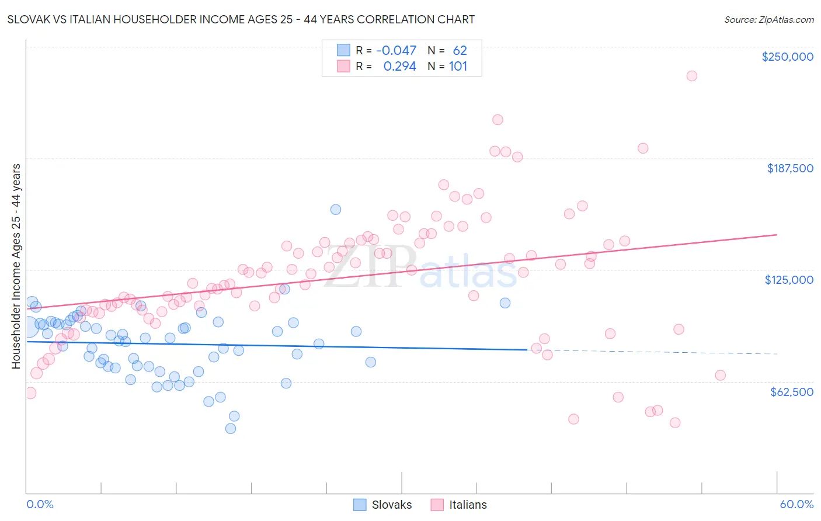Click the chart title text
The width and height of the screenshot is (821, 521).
point(241,19)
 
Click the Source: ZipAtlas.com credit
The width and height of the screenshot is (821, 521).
point(768,19)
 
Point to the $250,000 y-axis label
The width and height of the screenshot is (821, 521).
point(787,57)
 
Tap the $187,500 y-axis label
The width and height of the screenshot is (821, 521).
point(789,168)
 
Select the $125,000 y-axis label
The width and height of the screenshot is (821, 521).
point(789,280)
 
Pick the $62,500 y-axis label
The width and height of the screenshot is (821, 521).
point(791,392)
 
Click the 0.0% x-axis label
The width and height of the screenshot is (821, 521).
point(40,504)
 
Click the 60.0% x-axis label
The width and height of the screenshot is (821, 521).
point(796,504)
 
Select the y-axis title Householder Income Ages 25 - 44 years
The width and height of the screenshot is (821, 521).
point(16,266)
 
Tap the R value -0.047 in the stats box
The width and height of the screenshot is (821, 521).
point(396,51)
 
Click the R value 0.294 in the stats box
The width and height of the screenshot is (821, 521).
point(399,67)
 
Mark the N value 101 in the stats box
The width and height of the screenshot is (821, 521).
point(458,67)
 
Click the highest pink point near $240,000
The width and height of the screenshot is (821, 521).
point(692,76)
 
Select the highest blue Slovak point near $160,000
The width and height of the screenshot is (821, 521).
point(336,210)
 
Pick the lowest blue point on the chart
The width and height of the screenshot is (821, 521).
point(231,429)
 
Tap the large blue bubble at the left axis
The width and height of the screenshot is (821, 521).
point(27,327)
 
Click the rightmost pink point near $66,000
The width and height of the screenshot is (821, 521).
point(721,376)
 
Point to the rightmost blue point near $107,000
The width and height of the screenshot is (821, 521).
point(505,303)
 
